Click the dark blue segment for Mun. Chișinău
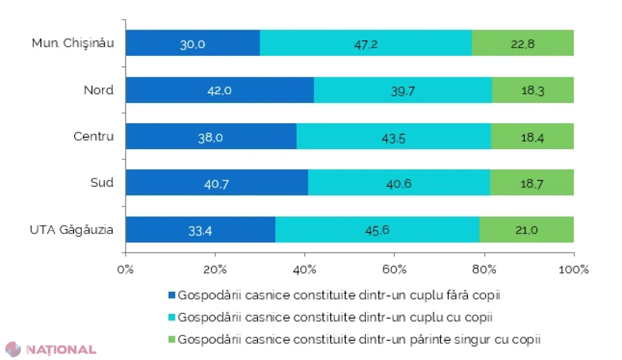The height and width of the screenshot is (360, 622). [x=193, y=43]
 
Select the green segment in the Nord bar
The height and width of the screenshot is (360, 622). [x=533, y=90]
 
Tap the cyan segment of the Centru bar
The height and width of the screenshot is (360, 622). [x=394, y=136]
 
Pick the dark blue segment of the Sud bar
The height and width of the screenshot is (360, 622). [x=217, y=182]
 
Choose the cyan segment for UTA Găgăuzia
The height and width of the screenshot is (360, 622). [x=377, y=229]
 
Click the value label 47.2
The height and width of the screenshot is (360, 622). [x=366, y=45]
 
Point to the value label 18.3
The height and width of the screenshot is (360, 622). [x=533, y=91]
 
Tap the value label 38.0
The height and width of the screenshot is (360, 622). [x=210, y=138]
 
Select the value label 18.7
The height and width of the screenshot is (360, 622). [x=531, y=184]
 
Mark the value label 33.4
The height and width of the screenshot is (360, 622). [x=200, y=231]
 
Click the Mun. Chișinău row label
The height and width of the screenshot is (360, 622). [x=73, y=44]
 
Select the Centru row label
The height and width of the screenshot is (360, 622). [x=94, y=136]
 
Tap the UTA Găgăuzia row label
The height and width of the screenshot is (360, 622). [x=72, y=230]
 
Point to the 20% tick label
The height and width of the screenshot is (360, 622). [x=215, y=269]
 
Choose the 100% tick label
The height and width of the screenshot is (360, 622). [x=573, y=269]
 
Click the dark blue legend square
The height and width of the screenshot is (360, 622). [x=172, y=295]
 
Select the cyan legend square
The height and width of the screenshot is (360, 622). [x=172, y=317]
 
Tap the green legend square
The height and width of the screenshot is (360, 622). [x=172, y=339]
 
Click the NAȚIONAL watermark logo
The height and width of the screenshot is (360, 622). [x=51, y=350]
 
